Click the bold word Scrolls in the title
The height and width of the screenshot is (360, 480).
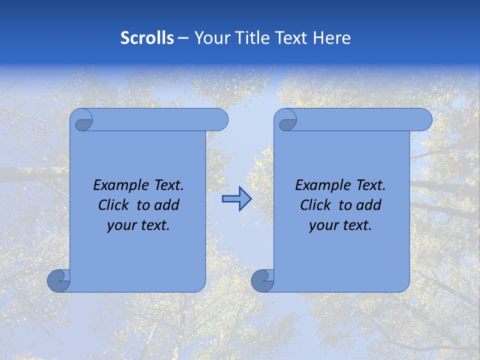click(x=147, y=38)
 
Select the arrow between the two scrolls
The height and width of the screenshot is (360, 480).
click(x=236, y=199)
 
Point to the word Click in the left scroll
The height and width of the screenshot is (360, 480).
click(x=114, y=205)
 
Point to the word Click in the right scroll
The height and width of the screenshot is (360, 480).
click(x=316, y=205)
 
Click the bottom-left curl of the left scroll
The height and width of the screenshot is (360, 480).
click(x=58, y=280)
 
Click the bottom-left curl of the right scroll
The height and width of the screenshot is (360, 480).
click(x=262, y=280)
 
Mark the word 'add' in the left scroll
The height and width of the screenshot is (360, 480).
click(x=166, y=205)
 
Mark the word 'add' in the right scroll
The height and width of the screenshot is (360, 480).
click(x=368, y=205)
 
